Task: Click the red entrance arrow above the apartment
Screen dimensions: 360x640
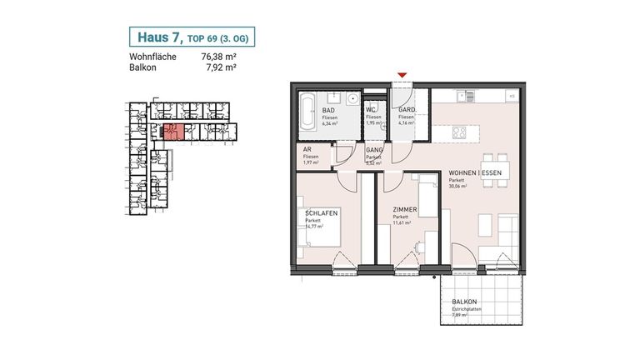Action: pyautogui.click(x=402, y=77)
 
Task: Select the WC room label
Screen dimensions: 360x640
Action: pyautogui.click(x=371, y=110)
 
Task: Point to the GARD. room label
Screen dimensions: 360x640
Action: pyautogui.click(x=406, y=110)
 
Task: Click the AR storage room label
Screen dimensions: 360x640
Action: pyautogui.click(x=307, y=150)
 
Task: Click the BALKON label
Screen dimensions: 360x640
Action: pyautogui.click(x=464, y=302)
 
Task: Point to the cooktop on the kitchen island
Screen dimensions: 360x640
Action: pyautogui.click(x=458, y=132)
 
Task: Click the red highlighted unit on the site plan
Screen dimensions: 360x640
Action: pyautogui.click(x=173, y=132)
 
